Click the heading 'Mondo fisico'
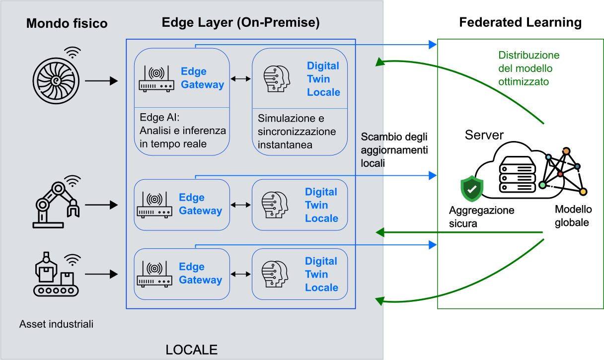click(x=67, y=23)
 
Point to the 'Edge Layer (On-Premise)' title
click(x=240, y=22)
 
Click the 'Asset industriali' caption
click(x=56, y=324)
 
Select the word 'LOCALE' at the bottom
click(x=191, y=350)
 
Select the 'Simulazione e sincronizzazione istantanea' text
click(x=297, y=132)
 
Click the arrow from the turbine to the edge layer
click(x=101, y=80)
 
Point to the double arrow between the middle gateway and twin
click(x=241, y=205)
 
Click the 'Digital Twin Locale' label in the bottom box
click(x=321, y=274)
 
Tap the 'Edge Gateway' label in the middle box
click(x=200, y=204)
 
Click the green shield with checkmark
click(x=471, y=189)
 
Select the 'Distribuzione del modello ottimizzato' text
click(x=528, y=69)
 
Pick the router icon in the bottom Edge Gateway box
click(x=154, y=274)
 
